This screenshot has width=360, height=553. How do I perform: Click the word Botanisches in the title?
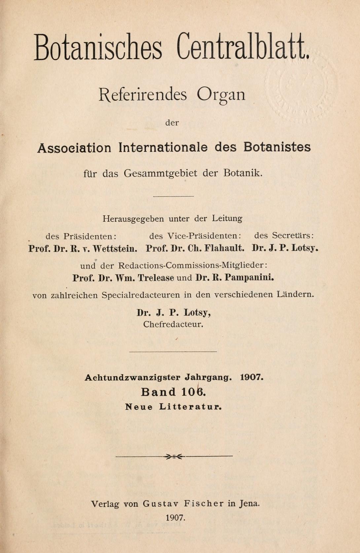click(x=98, y=47)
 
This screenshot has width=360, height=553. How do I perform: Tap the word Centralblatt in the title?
click(x=243, y=47)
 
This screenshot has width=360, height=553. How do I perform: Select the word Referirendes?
click(x=143, y=94)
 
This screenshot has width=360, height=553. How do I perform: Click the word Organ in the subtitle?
click(x=221, y=95)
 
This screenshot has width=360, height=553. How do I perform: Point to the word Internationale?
click(x=163, y=147)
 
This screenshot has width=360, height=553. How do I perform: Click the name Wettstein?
click(x=115, y=248)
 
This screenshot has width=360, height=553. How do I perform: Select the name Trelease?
click(x=156, y=278)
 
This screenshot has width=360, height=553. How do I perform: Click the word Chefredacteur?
click(x=173, y=324)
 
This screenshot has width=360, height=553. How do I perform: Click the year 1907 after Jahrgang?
click(x=252, y=377)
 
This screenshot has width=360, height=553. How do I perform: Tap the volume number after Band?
click(x=194, y=392)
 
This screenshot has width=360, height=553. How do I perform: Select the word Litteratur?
click(x=190, y=407)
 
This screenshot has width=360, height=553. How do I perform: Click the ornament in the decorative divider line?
click(x=174, y=457)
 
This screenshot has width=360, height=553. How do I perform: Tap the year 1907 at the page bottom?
click(x=176, y=517)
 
